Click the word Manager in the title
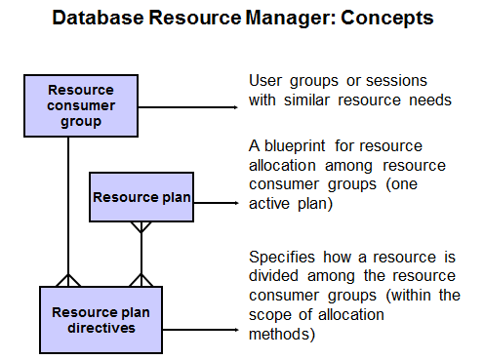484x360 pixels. click(289, 19)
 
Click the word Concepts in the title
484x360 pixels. click(387, 19)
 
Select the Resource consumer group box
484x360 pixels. click(81, 105)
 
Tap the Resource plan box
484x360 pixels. click(141, 197)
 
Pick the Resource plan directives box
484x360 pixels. click(101, 320)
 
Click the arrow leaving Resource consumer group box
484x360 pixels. click(188, 107)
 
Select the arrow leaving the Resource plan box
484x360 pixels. click(217, 203)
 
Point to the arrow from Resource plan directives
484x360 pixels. click(201, 330)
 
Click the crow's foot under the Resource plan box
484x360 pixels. click(141, 227)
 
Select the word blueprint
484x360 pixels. click(295, 146)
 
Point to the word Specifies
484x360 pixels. click(282, 258)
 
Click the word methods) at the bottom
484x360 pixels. click(282, 335)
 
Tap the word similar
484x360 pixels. click(306, 100)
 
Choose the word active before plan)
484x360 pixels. click(269, 204)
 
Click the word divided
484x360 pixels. click(273, 276)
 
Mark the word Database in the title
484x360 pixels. click(98, 18)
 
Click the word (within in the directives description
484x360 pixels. click(408, 296)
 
